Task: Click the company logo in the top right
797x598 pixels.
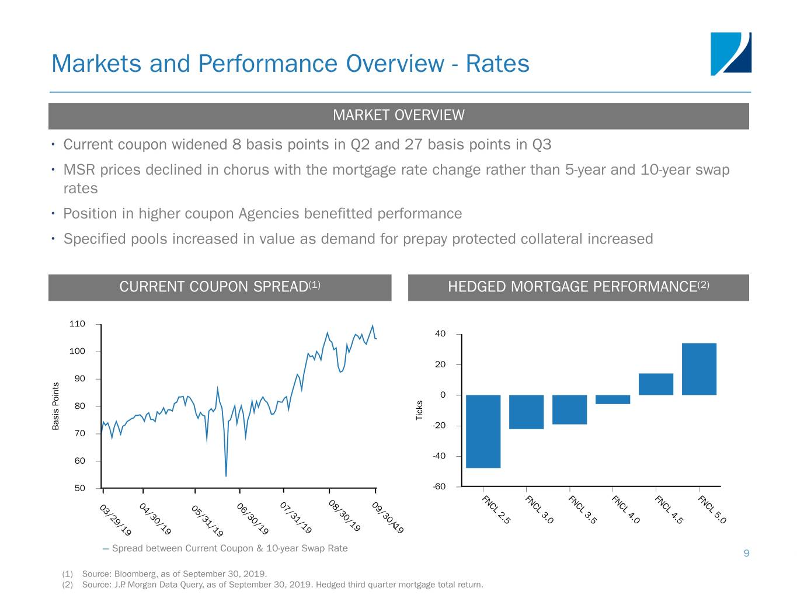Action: [730, 54]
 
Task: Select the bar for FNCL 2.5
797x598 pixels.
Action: [483, 431]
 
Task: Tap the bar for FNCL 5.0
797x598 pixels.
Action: [699, 369]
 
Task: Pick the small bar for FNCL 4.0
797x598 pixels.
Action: [612, 399]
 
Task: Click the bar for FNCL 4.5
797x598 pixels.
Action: [656, 384]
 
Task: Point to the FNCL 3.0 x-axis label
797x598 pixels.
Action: [539, 509]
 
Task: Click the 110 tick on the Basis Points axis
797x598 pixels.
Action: [77, 324]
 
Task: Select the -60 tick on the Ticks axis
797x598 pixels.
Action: [439, 486]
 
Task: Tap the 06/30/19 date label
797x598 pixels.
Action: [253, 519]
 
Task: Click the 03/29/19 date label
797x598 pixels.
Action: [116, 520]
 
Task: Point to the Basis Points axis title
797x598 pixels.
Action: [56, 406]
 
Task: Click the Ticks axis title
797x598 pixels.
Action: [419, 410]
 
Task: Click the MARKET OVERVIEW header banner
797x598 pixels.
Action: [398, 116]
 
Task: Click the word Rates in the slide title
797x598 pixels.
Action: [497, 64]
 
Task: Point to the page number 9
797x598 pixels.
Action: [746, 553]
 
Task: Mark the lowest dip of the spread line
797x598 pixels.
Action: [226, 476]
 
